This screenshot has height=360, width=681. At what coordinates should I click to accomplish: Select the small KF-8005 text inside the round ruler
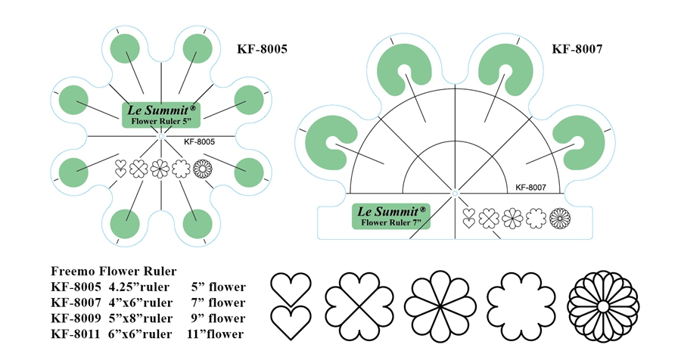click(x=200, y=141)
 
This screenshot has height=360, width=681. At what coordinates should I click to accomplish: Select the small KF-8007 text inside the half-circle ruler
click(x=536, y=187)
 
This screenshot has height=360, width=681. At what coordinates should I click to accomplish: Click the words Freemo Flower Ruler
click(x=113, y=271)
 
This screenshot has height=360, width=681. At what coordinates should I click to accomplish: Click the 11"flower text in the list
click(x=215, y=334)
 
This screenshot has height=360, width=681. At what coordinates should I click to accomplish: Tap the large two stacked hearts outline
click(x=291, y=306)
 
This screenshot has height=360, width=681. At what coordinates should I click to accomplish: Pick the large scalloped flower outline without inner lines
click(x=523, y=306)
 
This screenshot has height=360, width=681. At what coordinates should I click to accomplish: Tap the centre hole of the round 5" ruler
click(x=160, y=136)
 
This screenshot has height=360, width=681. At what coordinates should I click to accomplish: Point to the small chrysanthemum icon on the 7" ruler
click(x=561, y=219)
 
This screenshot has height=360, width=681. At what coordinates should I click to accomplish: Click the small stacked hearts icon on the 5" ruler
click(x=120, y=168)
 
